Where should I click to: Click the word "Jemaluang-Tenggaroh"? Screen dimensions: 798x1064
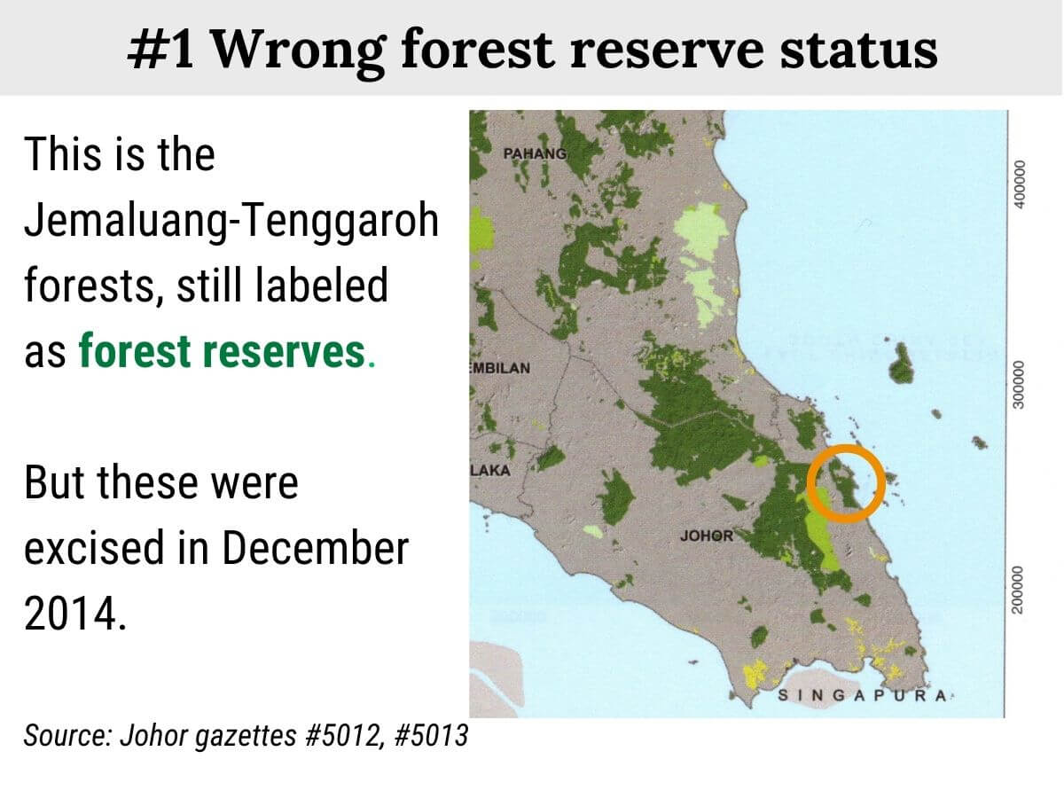click(231, 221)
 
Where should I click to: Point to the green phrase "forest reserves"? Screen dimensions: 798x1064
click(221, 352)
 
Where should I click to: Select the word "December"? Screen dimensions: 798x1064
click(315, 549)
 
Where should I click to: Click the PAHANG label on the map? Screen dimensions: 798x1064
click(535, 153)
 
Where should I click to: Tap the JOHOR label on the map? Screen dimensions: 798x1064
click(706, 536)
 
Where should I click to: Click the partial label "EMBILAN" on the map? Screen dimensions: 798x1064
click(499, 368)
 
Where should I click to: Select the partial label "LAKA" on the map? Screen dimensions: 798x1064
click(490, 471)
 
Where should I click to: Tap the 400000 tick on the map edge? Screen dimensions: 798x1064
click(1019, 184)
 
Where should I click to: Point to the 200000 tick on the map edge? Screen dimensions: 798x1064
click(1019, 588)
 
